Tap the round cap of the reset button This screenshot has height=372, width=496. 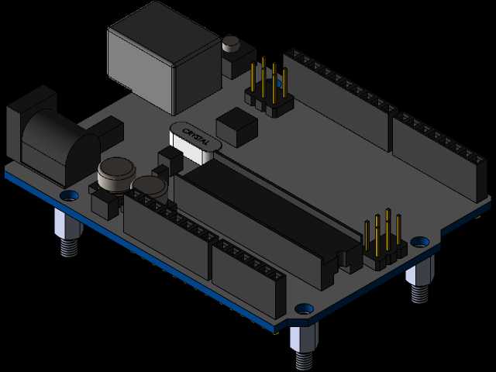[231, 43]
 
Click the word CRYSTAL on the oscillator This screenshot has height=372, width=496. [195, 136]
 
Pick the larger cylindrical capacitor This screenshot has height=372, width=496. [116, 174]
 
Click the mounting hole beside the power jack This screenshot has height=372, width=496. [70, 195]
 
